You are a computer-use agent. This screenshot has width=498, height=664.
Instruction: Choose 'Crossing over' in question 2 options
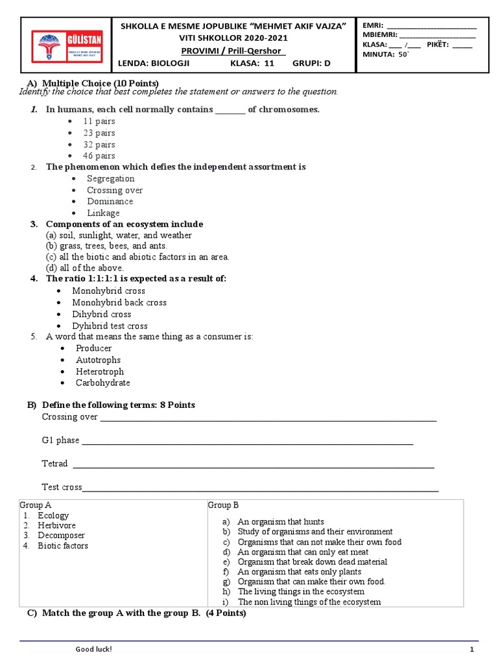tap(115, 190)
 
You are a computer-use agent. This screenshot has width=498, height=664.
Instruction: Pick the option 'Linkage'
tap(103, 213)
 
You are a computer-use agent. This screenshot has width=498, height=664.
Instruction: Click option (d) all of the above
tap(84, 268)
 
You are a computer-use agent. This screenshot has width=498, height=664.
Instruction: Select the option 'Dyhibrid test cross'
tap(110, 326)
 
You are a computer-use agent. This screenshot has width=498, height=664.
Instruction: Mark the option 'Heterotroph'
tap(99, 372)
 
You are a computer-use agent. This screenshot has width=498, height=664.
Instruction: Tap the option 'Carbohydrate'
tap(102, 383)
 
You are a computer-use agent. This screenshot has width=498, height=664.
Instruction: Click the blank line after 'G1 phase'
tap(246, 442)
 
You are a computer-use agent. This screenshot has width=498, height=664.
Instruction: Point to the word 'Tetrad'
tap(54, 464)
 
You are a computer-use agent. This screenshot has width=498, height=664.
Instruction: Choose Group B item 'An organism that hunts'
tap(280, 521)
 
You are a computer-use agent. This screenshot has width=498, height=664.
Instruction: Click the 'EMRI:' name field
tap(431, 25)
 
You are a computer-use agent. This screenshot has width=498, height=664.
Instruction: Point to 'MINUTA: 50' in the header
tap(386, 54)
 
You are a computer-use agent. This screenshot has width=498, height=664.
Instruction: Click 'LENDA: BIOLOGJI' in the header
tap(152, 64)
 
